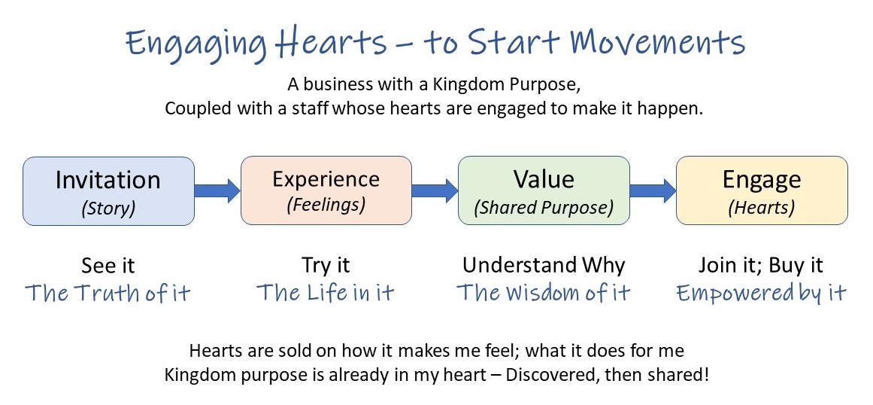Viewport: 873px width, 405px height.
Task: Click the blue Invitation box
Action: coord(108,191)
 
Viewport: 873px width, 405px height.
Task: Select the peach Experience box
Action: coord(326,190)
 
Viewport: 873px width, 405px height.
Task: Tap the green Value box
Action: coord(544,190)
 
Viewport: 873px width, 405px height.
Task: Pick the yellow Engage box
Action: coord(762,190)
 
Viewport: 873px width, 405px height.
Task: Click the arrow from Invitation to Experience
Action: coord(218,190)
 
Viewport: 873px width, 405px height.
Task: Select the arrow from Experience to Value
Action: coord(435,190)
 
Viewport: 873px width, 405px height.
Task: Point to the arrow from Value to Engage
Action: coord(653,190)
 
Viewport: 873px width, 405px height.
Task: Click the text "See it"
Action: coord(108,265)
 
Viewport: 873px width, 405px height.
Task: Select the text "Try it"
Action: coord(326,265)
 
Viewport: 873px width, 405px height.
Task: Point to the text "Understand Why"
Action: coord(544,265)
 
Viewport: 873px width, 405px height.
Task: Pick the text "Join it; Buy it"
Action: coord(761,265)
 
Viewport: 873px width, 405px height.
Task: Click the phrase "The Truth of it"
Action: coord(108,293)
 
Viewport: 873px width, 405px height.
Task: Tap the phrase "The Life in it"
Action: coord(326,293)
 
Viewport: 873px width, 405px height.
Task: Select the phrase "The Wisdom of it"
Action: coord(544,293)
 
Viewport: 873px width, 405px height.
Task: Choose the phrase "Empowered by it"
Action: coord(761,293)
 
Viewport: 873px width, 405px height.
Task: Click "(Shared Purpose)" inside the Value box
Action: coord(544,207)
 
